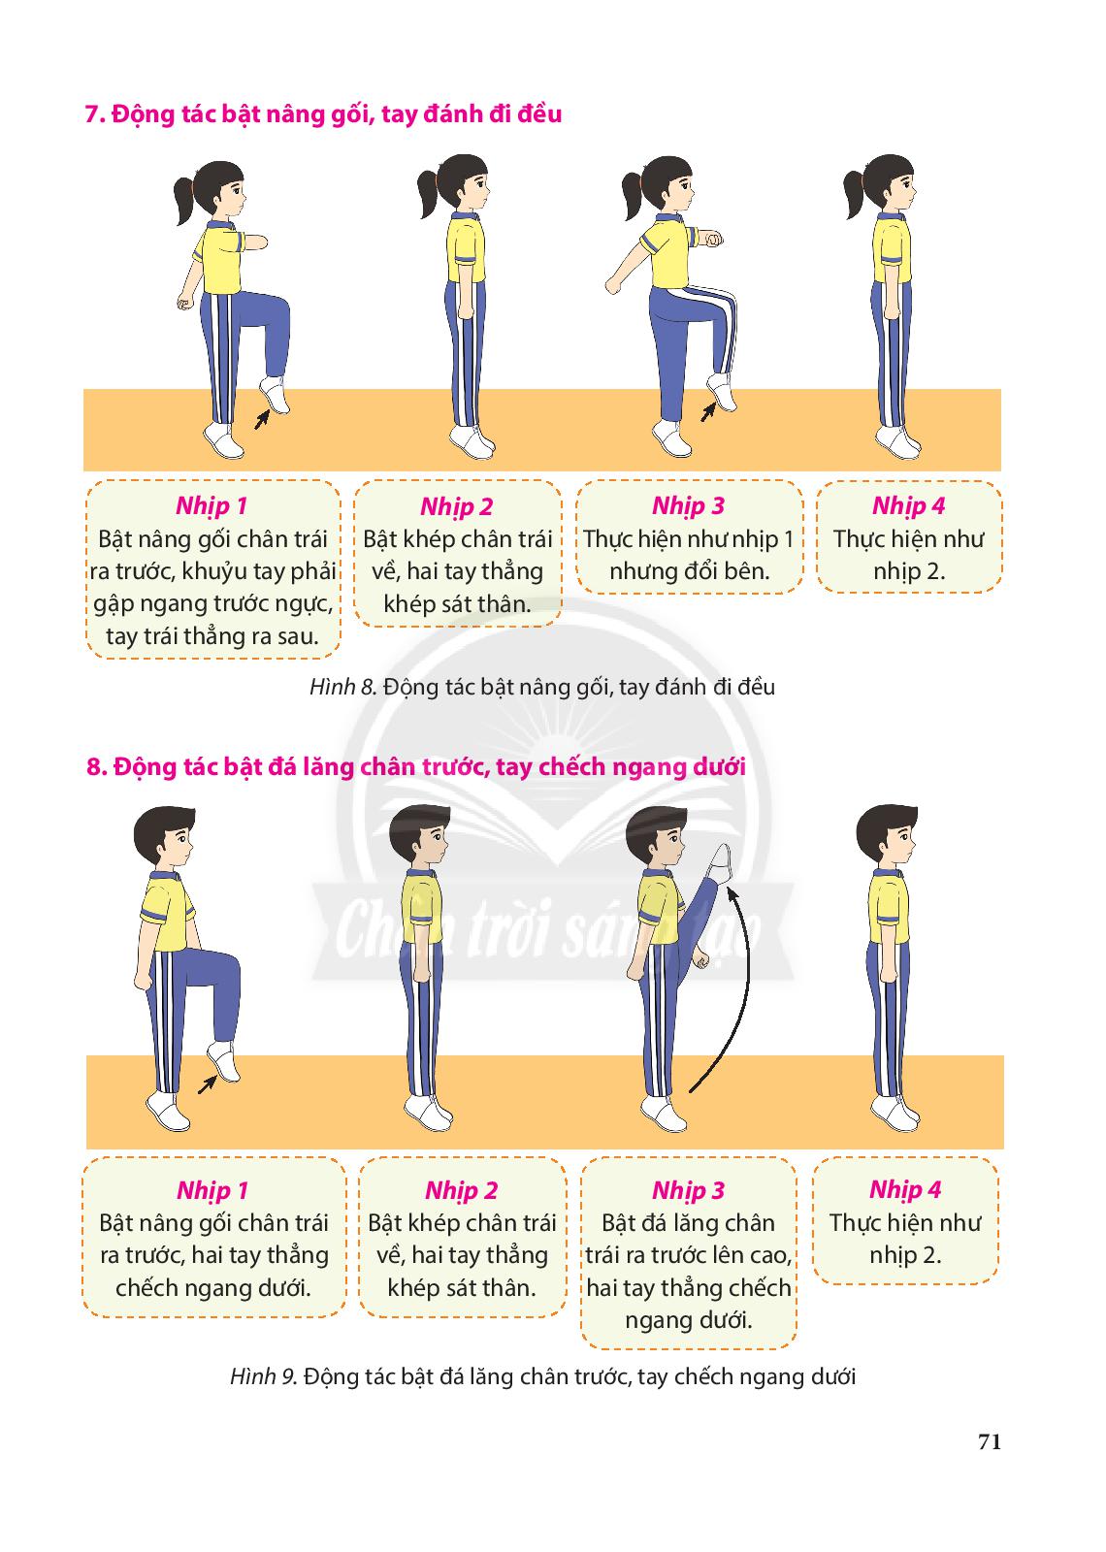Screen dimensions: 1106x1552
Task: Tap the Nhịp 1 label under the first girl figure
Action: coord(211,505)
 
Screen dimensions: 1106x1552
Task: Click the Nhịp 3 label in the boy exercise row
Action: coord(688,1190)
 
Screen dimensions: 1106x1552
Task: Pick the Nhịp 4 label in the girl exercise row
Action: coord(908,505)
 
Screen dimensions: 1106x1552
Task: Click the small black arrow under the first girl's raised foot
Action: coord(261,418)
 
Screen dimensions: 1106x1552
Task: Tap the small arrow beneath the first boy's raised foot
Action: coord(207,1084)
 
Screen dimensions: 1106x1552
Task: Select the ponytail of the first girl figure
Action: coord(184,200)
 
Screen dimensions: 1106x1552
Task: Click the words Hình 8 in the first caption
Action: coord(342,688)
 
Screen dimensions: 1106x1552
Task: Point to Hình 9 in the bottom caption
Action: coord(264,1376)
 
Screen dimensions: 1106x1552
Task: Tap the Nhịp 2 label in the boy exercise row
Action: coord(462,1190)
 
